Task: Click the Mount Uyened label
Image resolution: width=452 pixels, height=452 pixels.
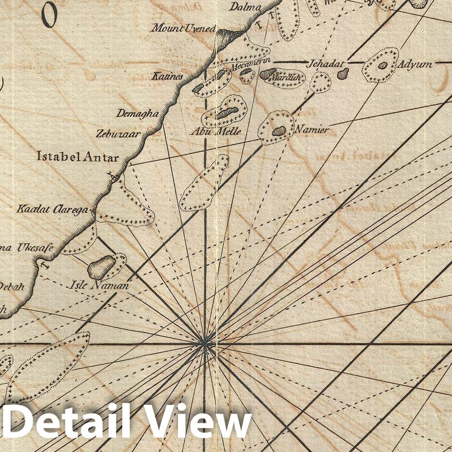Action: [x=183, y=29]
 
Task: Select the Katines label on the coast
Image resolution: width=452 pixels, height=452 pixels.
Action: [x=167, y=76]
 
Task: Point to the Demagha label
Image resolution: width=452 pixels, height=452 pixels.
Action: [x=137, y=113]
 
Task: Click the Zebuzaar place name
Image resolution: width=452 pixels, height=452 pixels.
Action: [x=118, y=133]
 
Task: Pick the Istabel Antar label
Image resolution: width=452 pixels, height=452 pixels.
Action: [x=78, y=157]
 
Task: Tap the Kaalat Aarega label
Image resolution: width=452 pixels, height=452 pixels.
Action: [x=53, y=210]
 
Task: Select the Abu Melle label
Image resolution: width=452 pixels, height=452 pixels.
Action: [x=215, y=132]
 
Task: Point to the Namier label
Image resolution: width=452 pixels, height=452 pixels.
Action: [x=311, y=130]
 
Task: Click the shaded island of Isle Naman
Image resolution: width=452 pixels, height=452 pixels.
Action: [x=102, y=267]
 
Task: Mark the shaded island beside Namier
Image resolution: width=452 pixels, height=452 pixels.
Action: [x=279, y=130]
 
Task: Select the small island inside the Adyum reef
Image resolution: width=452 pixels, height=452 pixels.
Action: [x=383, y=65]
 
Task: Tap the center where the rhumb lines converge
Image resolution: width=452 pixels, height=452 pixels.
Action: [x=205, y=344]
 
